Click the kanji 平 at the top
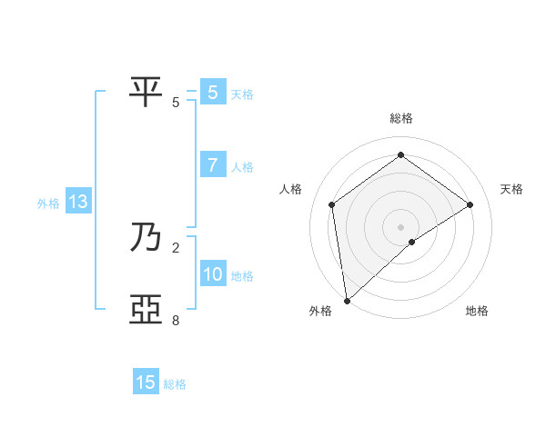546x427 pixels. point(147,92)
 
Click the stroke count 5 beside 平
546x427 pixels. point(176,103)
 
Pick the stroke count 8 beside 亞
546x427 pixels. point(176,321)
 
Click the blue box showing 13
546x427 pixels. point(78,203)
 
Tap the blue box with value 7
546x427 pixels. point(212,165)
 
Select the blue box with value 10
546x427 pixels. point(212,274)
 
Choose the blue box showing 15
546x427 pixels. point(146,382)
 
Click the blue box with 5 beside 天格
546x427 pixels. point(212,93)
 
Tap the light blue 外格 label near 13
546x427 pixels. point(48,204)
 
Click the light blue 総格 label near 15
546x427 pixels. point(175,384)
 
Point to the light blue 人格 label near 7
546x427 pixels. point(242,167)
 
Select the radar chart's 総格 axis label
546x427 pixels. point(401,118)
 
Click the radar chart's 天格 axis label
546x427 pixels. point(511,189)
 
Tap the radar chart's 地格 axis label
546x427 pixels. point(477,311)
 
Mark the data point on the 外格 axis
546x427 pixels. point(347,301)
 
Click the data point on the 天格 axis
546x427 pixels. point(470,204)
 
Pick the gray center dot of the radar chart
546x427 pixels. point(401,226)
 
